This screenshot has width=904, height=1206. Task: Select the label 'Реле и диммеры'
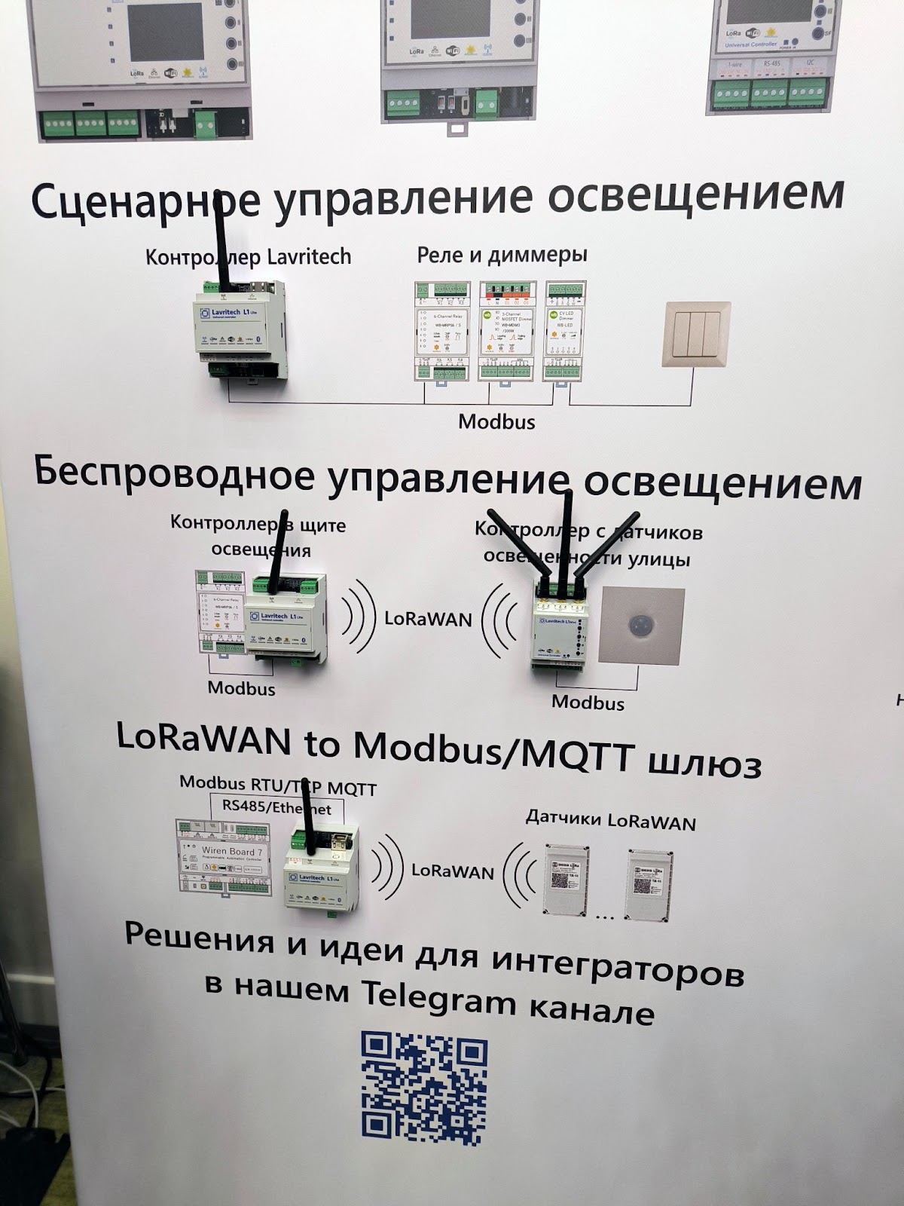pyautogui.click(x=502, y=256)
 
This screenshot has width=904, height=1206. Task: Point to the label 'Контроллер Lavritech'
pyautogui.click(x=248, y=257)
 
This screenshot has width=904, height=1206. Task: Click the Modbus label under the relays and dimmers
pyautogui.click(x=496, y=421)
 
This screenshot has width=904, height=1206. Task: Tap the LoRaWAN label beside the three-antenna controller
pyautogui.click(x=428, y=619)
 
